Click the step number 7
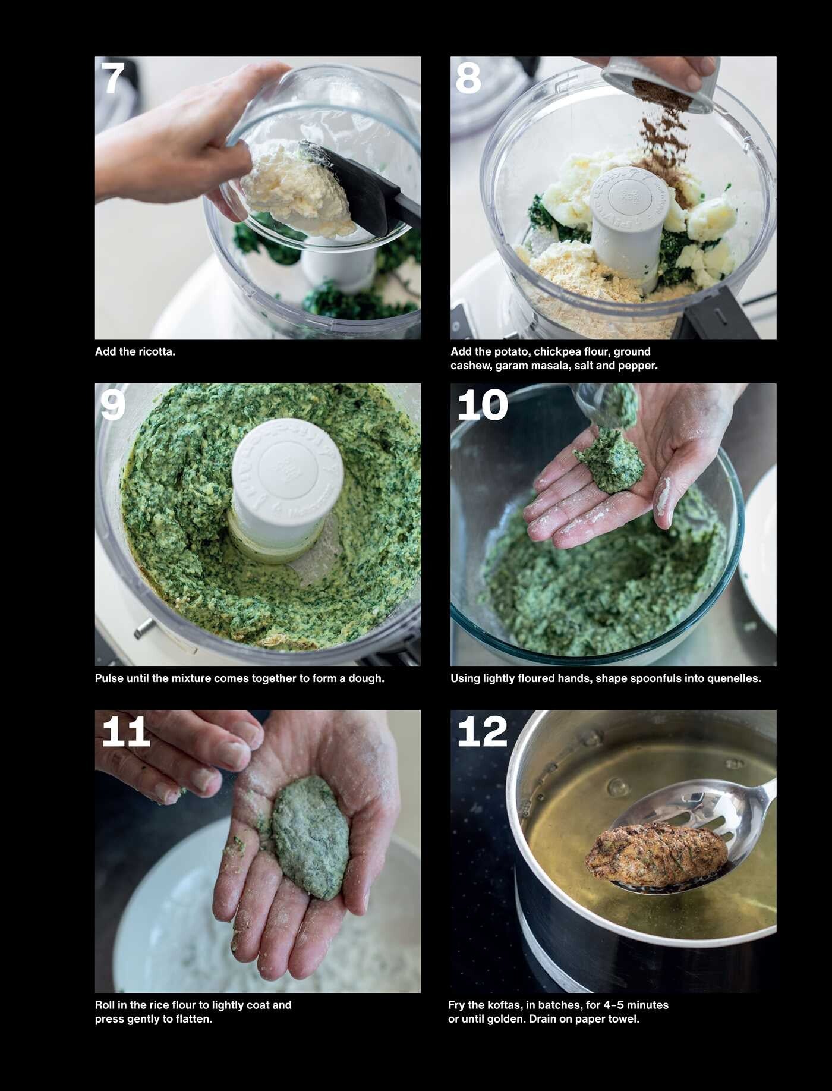[113, 78]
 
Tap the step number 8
[468, 78]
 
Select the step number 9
[113, 405]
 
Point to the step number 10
[483, 405]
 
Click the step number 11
[125, 731]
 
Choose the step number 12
[483, 731]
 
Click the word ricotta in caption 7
[156, 351]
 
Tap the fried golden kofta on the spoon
[656, 854]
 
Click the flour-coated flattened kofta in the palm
[310, 836]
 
